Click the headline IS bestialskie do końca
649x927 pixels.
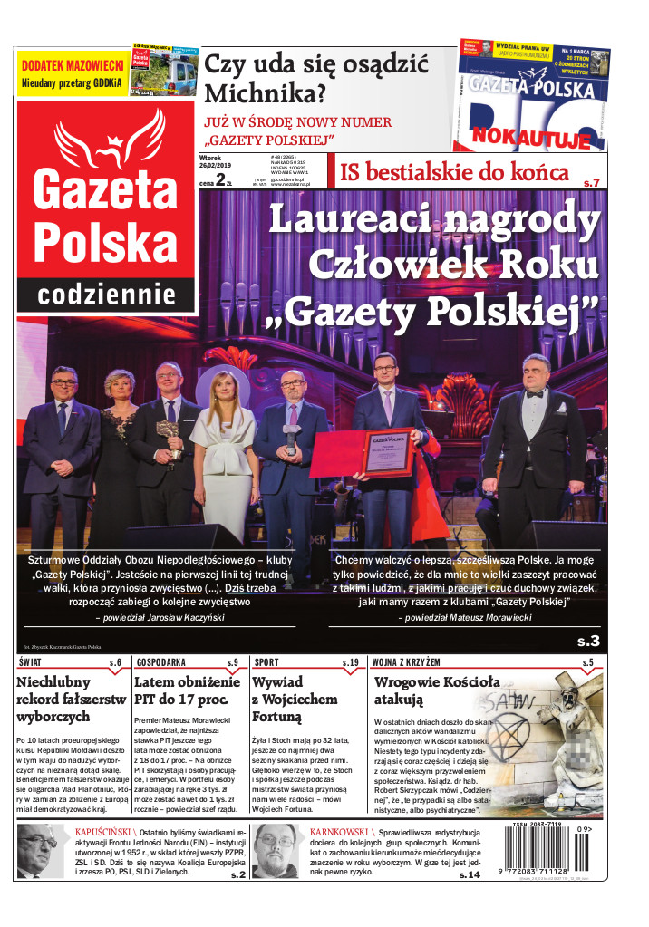pyautogui.click(x=454, y=172)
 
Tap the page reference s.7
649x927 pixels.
pyautogui.click(x=591, y=182)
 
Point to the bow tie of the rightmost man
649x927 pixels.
pyautogui.click(x=536, y=394)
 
